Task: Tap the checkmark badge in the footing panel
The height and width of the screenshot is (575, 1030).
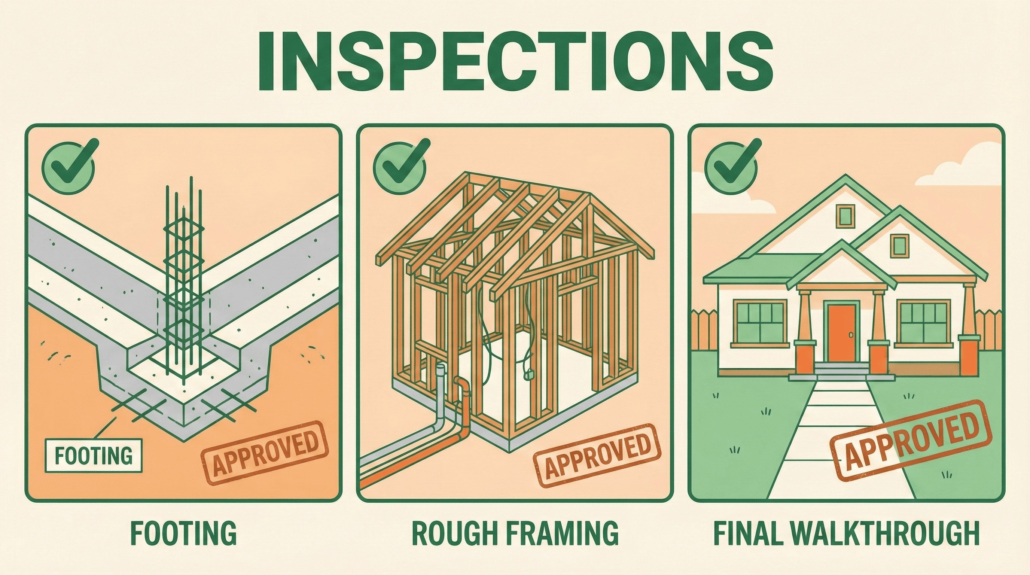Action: (x=68, y=163)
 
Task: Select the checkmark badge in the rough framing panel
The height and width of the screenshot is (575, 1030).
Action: (x=399, y=163)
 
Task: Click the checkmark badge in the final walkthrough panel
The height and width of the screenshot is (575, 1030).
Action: (x=731, y=163)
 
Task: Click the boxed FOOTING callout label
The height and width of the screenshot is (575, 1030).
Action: (x=94, y=456)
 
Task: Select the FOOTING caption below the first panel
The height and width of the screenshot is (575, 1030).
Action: (x=183, y=533)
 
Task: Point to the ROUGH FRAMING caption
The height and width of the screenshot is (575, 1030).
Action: (x=515, y=533)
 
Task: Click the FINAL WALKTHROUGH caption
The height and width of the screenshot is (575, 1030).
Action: (x=847, y=533)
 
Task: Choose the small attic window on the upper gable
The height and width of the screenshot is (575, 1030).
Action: (x=844, y=216)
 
